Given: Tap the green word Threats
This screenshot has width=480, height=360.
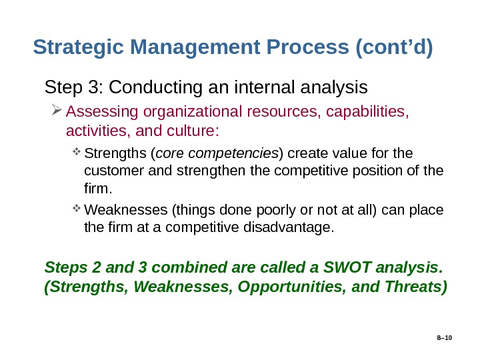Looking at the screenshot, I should (x=416, y=287).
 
